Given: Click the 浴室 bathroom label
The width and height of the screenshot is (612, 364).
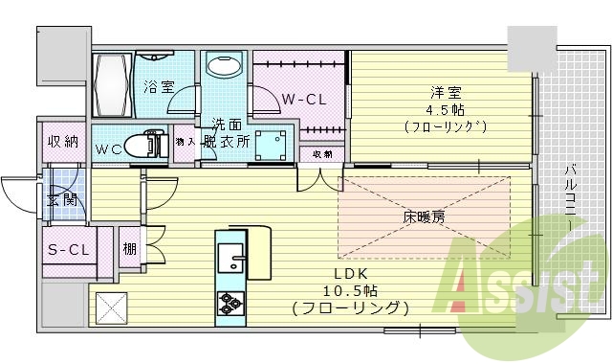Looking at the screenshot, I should tap(159, 87).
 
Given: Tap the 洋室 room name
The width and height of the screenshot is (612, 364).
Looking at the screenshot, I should tap(447, 93).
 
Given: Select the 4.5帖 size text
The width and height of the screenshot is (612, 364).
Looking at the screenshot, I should tap(447, 109).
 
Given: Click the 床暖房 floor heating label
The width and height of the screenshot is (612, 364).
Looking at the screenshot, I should tap(423, 217).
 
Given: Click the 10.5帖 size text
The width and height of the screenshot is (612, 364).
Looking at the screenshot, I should tap(352, 291).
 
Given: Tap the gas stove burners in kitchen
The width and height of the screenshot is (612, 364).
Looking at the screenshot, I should tap(231, 303).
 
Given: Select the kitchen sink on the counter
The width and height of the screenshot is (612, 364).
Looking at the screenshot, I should tap(231, 257).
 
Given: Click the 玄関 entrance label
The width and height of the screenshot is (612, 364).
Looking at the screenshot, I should tap(63, 201).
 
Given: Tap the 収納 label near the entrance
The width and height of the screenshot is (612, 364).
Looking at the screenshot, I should tap(64, 143).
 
